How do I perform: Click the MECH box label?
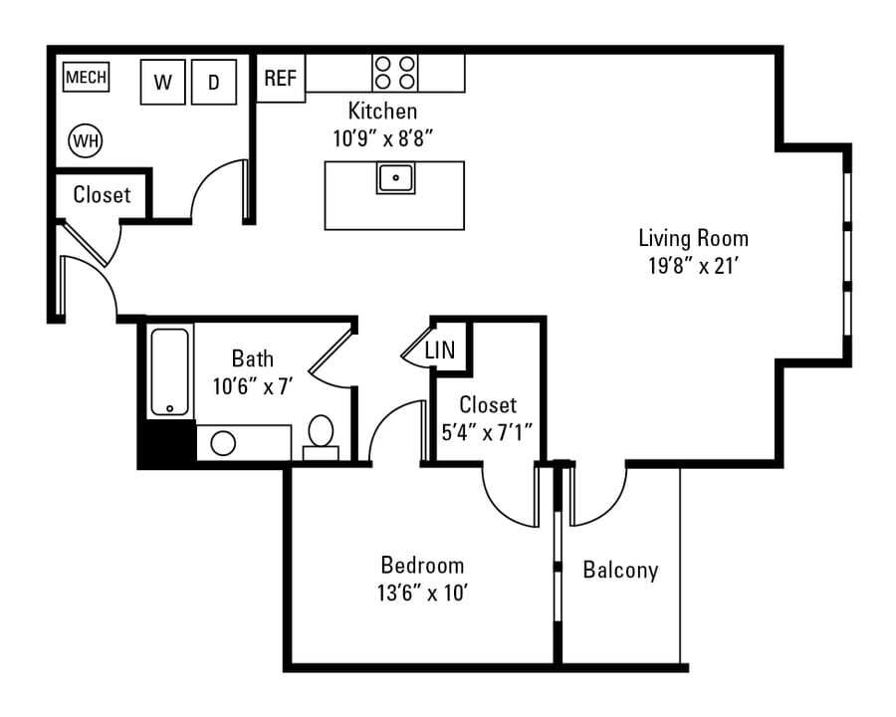click(x=86, y=77)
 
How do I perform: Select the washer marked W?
click(x=163, y=82)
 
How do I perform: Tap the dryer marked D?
click(x=214, y=82)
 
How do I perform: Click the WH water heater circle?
click(x=86, y=140)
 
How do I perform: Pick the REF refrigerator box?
click(x=281, y=78)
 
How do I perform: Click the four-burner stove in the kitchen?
click(x=395, y=73)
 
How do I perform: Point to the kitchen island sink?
click(x=395, y=178)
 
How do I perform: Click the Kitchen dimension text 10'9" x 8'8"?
click(x=383, y=138)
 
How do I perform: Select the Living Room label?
click(x=693, y=238)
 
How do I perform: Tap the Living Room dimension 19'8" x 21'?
click(x=694, y=266)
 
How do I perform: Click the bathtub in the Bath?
click(x=169, y=371)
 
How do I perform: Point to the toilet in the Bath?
click(x=321, y=437)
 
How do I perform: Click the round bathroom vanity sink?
click(x=223, y=443)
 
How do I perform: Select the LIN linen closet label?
click(x=440, y=350)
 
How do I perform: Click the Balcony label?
click(x=620, y=570)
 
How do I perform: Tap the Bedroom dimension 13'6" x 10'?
click(x=423, y=593)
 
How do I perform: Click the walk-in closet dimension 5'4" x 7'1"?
click(x=488, y=432)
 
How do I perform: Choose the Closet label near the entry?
click(x=102, y=194)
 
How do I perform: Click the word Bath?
click(x=253, y=358)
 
